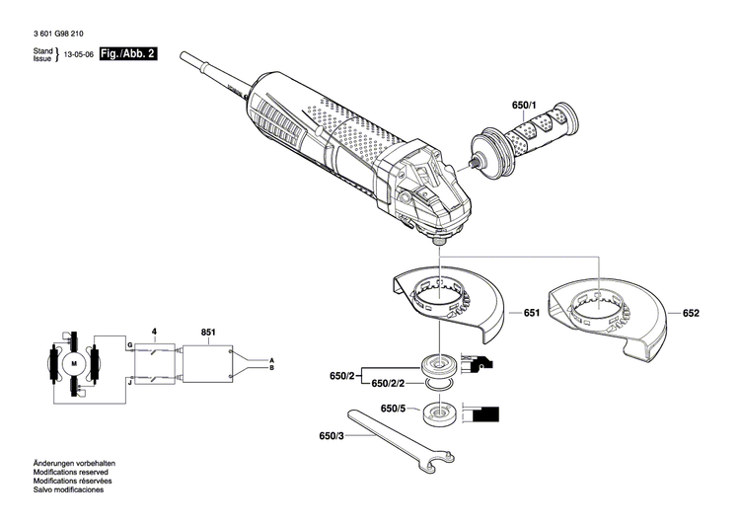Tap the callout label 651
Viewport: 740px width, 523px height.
point(531,313)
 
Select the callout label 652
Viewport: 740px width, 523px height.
point(690,313)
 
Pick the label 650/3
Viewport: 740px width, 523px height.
point(332,435)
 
